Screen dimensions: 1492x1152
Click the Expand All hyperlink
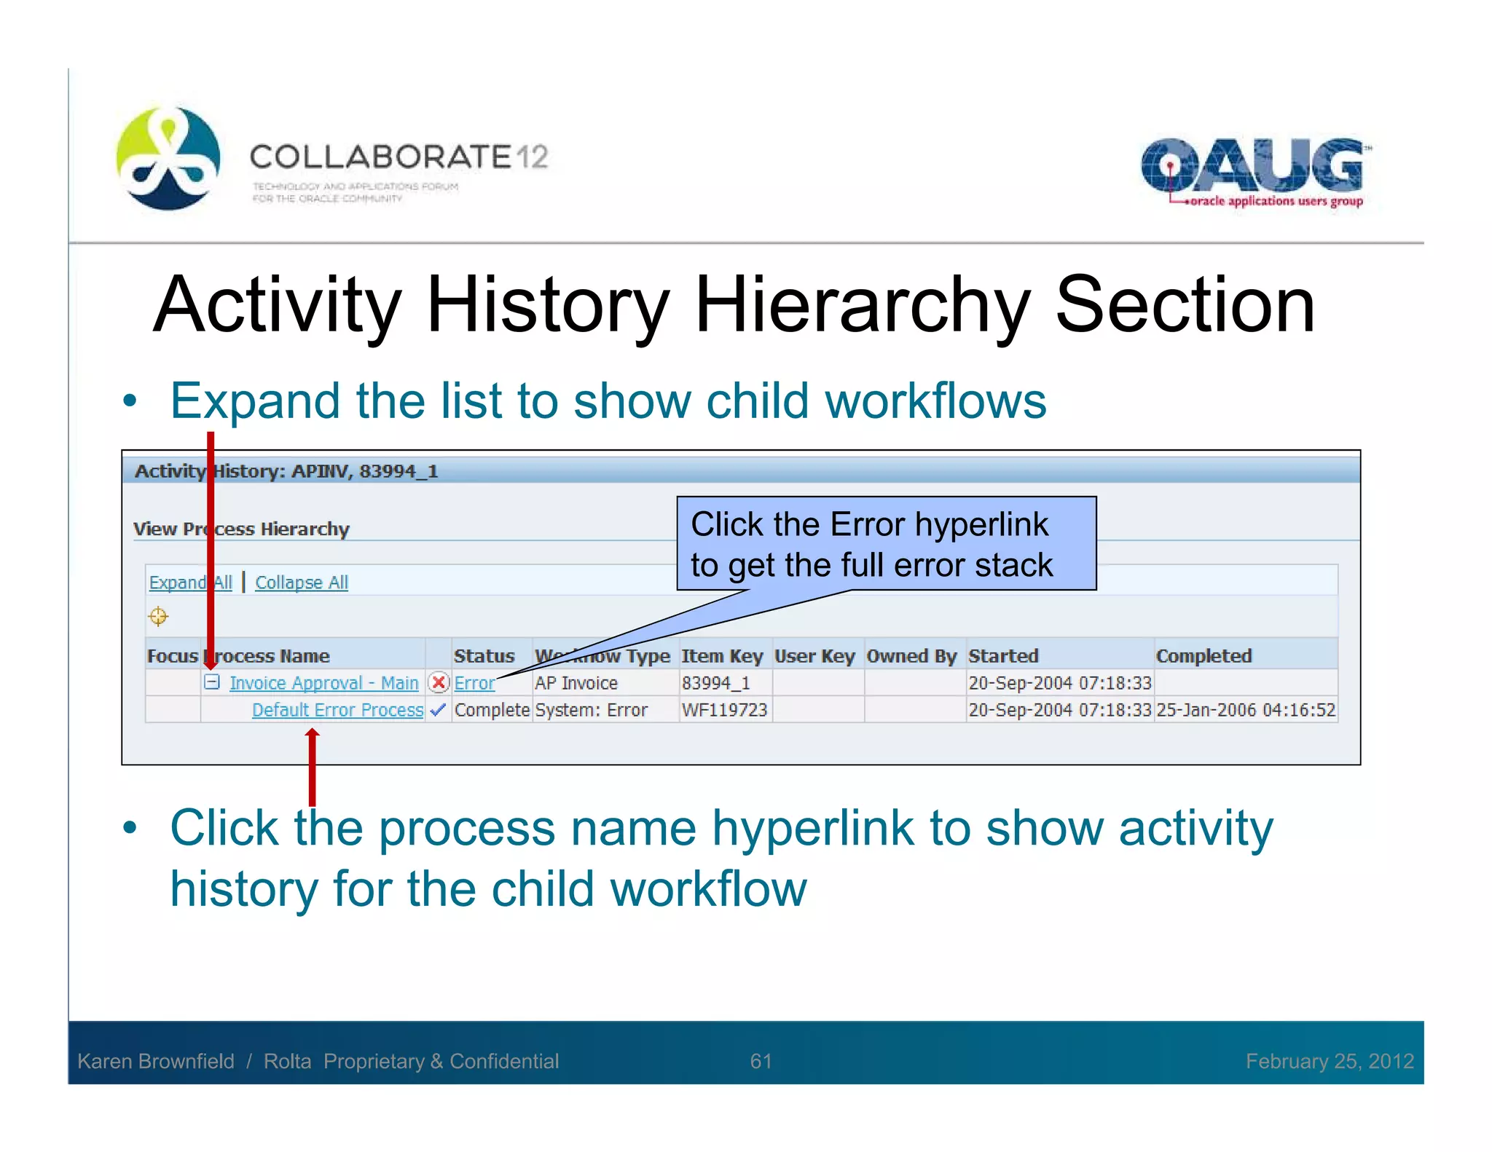tap(190, 583)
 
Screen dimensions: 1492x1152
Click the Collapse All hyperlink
tap(302, 583)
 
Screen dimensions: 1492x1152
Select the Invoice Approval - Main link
tap(323, 683)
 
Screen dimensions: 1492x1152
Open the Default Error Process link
tap(337, 710)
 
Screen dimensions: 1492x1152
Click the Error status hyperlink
tap(474, 683)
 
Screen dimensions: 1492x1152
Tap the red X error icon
tap(439, 682)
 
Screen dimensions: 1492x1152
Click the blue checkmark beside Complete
tap(438, 710)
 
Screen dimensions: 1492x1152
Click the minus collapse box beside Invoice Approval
tap(212, 682)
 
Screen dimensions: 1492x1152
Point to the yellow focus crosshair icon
tap(158, 617)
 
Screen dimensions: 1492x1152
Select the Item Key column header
tap(721, 656)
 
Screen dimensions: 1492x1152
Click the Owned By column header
tap(911, 656)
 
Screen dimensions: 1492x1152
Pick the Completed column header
tap(1204, 656)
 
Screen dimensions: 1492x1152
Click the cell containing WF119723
tap(724, 710)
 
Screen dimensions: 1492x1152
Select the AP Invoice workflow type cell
tap(576, 683)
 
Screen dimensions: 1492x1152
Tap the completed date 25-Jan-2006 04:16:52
tap(1246, 710)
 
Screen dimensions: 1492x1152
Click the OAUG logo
tap(1252, 171)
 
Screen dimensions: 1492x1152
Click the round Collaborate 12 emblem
tap(168, 159)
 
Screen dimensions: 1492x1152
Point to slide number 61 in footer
tap(761, 1061)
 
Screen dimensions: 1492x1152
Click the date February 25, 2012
tap(1330, 1061)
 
